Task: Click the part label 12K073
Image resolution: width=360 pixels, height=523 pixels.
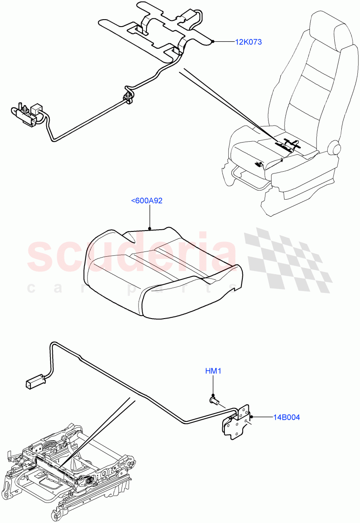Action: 248,42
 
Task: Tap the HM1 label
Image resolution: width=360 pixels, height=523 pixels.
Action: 214,371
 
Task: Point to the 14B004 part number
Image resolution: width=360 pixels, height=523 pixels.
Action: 286,418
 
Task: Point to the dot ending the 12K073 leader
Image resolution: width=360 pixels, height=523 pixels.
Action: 212,42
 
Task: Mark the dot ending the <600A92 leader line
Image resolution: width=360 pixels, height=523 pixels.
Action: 149,228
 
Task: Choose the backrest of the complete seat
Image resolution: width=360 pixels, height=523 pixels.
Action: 309,87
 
